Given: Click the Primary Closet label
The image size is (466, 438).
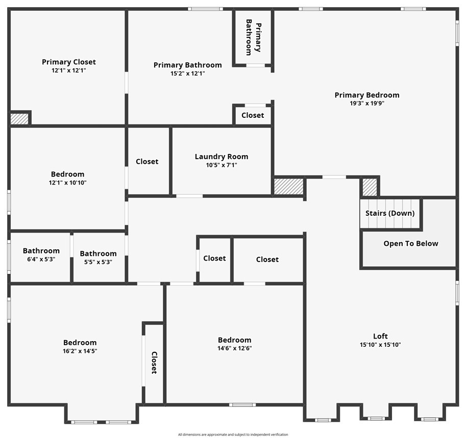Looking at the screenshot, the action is click(x=69, y=62).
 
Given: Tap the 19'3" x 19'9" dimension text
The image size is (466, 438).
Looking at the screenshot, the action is click(x=367, y=104).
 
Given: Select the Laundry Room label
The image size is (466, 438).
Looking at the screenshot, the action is click(x=222, y=157).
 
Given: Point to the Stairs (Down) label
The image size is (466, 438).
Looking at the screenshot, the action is click(x=390, y=213).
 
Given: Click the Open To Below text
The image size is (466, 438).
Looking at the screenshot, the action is click(x=411, y=244).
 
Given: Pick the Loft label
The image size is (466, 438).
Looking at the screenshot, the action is click(x=380, y=336).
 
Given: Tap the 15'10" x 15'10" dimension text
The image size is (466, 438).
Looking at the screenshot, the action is click(x=380, y=345).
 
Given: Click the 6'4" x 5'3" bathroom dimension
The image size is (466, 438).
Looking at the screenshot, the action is click(x=41, y=259).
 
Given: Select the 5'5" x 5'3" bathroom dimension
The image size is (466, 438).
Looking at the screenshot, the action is click(x=98, y=262).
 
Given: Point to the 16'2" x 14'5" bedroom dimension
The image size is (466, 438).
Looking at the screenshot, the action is click(x=80, y=351).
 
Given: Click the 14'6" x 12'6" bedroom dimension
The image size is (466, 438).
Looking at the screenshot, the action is click(x=234, y=348).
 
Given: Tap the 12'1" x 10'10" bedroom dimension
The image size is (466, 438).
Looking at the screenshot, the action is click(x=67, y=183).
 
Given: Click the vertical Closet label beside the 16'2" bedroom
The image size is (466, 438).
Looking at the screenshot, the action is click(x=154, y=363).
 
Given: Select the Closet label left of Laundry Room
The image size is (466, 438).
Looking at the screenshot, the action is click(x=147, y=162).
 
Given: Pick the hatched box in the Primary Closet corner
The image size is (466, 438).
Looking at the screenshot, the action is click(x=19, y=119).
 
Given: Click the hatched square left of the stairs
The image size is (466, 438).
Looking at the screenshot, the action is click(x=370, y=187).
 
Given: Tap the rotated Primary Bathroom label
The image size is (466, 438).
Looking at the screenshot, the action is click(x=253, y=37).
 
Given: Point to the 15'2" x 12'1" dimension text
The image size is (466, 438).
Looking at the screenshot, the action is click(x=187, y=73).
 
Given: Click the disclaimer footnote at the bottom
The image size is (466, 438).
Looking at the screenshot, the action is click(x=233, y=434).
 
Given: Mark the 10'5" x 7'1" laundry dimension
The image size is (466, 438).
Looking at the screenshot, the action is click(x=222, y=165).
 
